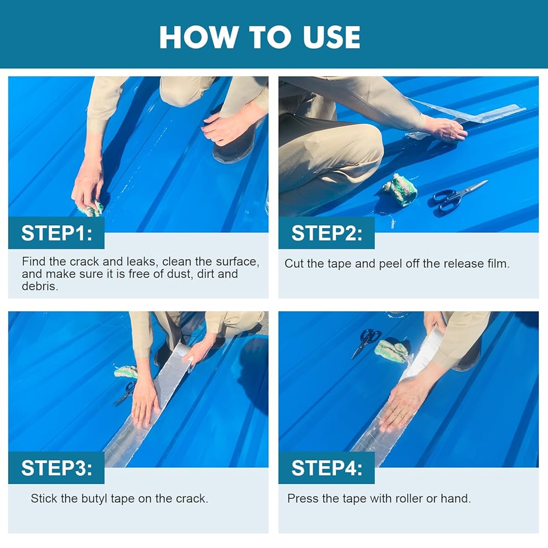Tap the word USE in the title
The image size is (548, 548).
click(x=332, y=37)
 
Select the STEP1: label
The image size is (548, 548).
click(x=56, y=233)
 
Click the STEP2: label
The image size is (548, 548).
click(x=327, y=233)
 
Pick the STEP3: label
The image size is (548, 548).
click(x=56, y=468)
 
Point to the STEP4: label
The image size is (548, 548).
click(x=327, y=468)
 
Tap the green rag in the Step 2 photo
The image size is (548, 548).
click(x=401, y=190)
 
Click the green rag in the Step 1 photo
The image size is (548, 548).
click(x=90, y=209)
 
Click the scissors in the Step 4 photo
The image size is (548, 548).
click(x=365, y=342)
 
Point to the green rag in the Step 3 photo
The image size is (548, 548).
click(x=126, y=372)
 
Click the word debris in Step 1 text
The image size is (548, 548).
click(x=39, y=286)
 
